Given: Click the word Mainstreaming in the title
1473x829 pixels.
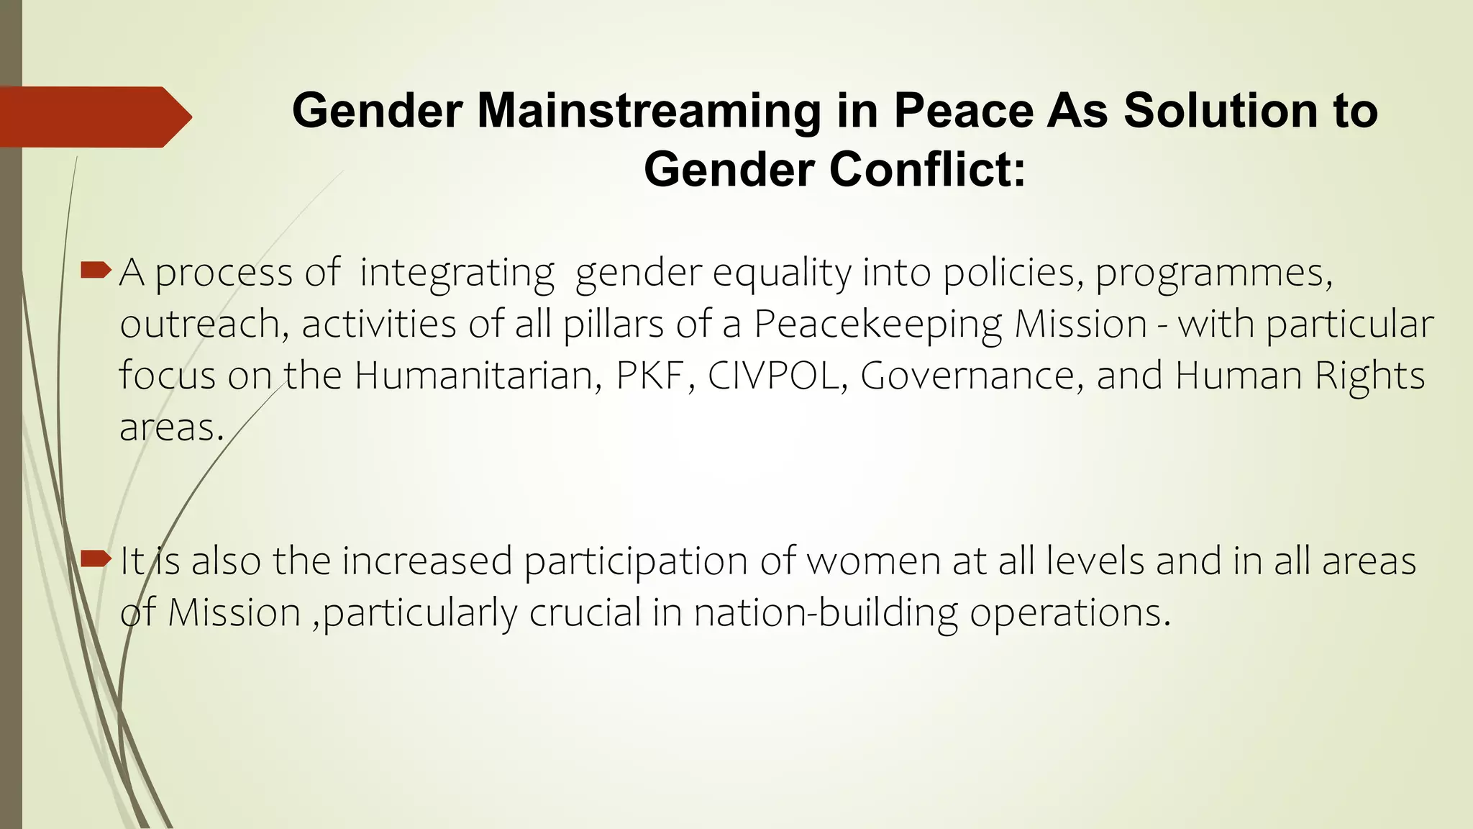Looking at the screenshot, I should [648, 112].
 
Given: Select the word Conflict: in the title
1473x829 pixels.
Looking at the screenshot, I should [927, 171].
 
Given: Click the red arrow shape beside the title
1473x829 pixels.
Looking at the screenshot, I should [94, 117].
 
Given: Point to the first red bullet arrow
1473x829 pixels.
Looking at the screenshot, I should [96, 271].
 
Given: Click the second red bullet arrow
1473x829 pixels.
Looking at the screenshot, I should [96, 558].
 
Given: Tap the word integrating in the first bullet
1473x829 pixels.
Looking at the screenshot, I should [457, 273].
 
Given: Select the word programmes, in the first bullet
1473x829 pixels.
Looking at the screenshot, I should [1214, 273].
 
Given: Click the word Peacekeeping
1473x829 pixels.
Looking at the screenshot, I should [877, 325].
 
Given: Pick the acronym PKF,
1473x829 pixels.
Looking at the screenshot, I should [655, 376].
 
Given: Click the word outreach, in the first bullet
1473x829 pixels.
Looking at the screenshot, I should [204, 325].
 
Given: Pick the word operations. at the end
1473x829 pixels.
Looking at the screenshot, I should [1070, 613].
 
